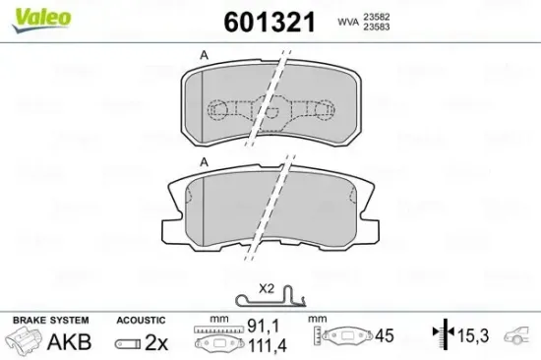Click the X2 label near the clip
(266, 288)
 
